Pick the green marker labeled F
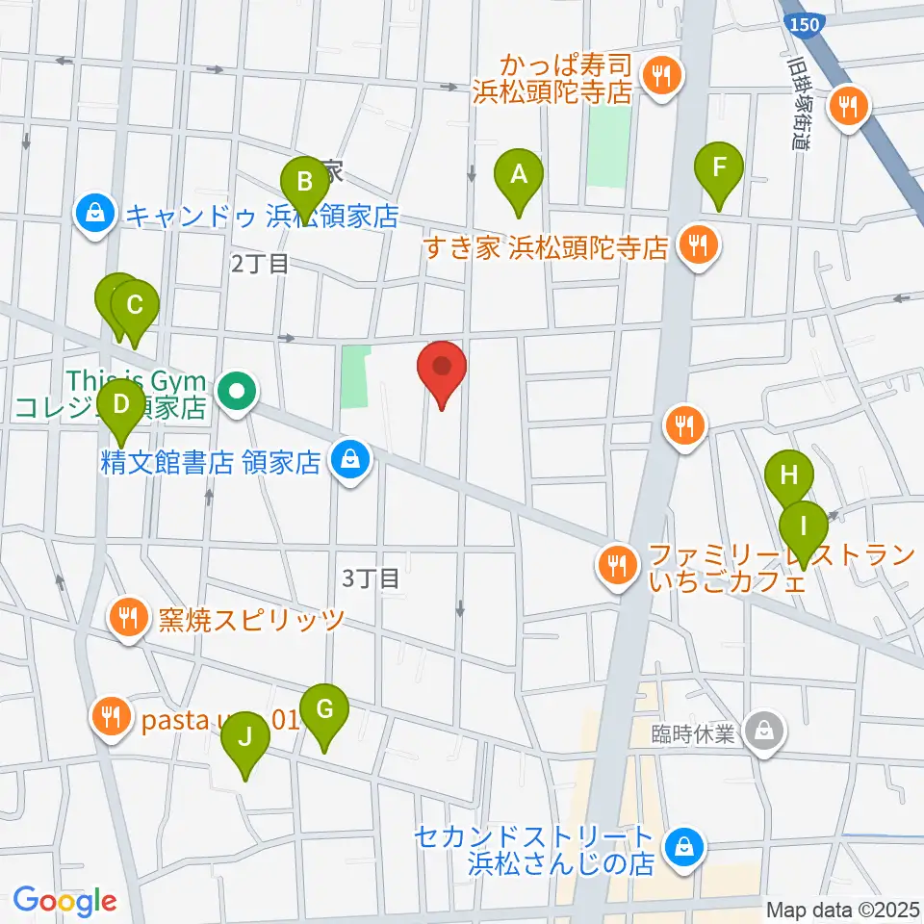tap(719, 168)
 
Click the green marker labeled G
tap(324, 712)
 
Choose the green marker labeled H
tap(789, 476)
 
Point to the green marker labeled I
tap(802, 528)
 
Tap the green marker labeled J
tap(244, 740)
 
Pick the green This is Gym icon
tap(236, 391)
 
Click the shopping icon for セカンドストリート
tap(684, 846)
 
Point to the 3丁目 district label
tap(371, 577)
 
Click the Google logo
tap(64, 900)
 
